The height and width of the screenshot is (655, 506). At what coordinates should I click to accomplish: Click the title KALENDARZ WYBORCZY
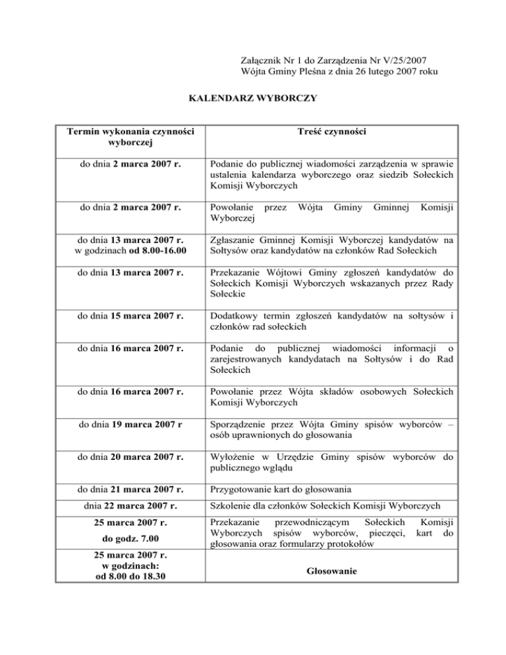[253, 99]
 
